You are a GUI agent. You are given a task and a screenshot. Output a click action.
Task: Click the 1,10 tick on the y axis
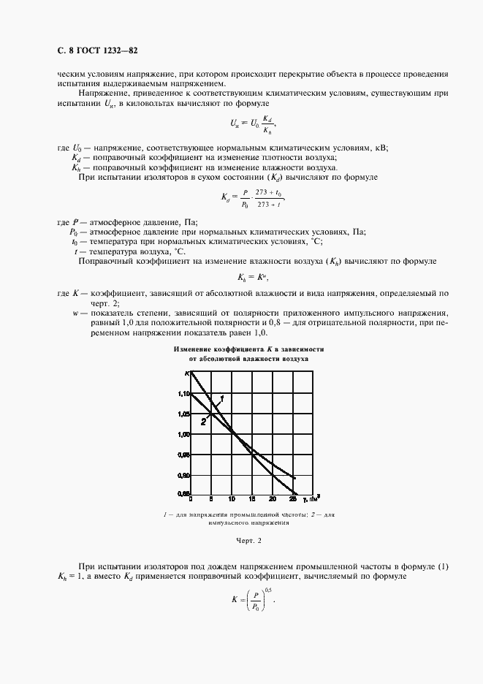coord(183,393)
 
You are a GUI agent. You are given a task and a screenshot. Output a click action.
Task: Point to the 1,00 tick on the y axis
coord(183,434)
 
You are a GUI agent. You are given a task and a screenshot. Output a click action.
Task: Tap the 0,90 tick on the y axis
coord(183,474)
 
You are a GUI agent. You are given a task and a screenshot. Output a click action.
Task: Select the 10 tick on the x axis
coord(232,500)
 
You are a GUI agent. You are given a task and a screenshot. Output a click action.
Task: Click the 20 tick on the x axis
coord(273,500)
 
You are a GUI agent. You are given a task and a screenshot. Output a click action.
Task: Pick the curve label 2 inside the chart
coord(204,419)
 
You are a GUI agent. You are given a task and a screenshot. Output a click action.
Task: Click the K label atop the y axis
coord(187,373)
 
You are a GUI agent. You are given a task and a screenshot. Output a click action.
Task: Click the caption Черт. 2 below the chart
coord(248,541)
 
